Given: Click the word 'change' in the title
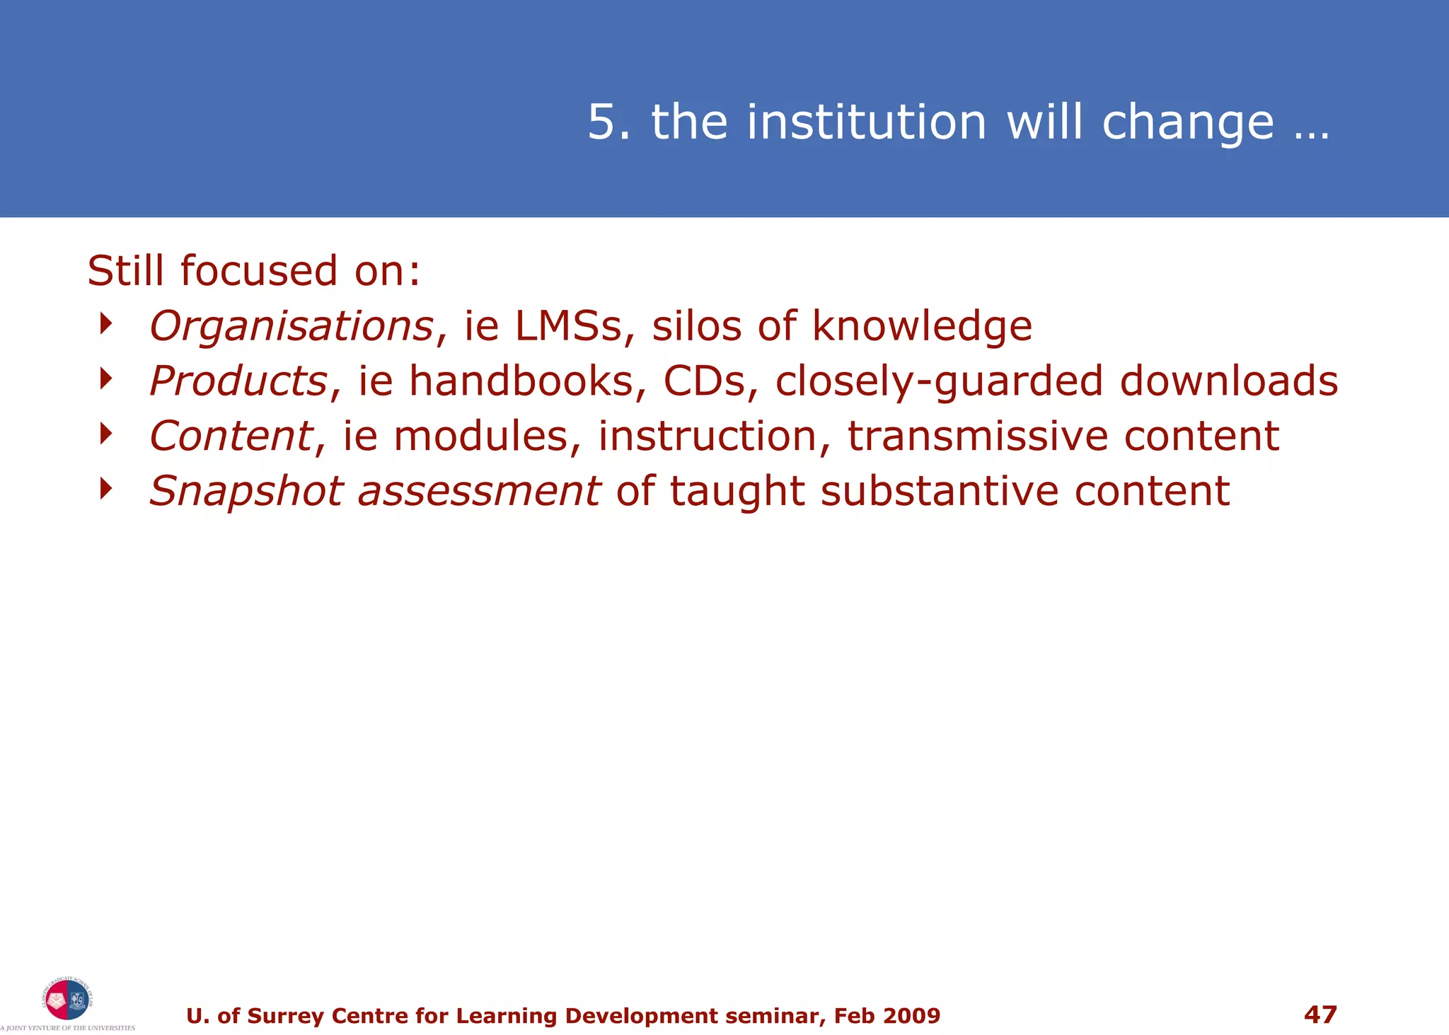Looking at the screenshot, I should tap(1188, 122).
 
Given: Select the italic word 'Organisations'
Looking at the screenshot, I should tap(291, 327).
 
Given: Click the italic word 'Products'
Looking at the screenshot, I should tap(238, 381).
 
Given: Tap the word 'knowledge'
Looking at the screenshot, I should tap(922, 327).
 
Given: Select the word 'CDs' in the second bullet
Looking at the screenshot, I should tap(704, 381).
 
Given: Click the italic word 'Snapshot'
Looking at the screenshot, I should tap(246, 491).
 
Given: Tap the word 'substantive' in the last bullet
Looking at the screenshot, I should tap(939, 491).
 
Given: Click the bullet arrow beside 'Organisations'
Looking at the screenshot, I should tap(106, 324).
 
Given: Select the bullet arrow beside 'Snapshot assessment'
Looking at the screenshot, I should tap(106, 488).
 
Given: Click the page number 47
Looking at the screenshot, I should tap(1320, 1014).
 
